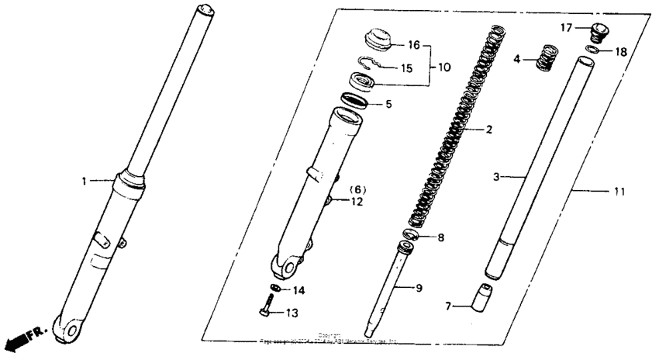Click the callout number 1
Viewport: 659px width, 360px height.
click(x=84, y=181)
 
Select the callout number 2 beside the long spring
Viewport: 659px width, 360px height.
click(x=488, y=130)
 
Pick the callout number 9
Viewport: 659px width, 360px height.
click(x=418, y=289)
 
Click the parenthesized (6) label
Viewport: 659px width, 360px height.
click(x=357, y=189)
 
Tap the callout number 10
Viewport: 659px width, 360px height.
click(x=443, y=67)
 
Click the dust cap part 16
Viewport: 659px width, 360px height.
click(x=378, y=38)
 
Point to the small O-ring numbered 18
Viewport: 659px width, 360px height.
click(x=591, y=50)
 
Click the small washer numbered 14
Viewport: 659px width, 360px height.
click(x=274, y=289)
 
